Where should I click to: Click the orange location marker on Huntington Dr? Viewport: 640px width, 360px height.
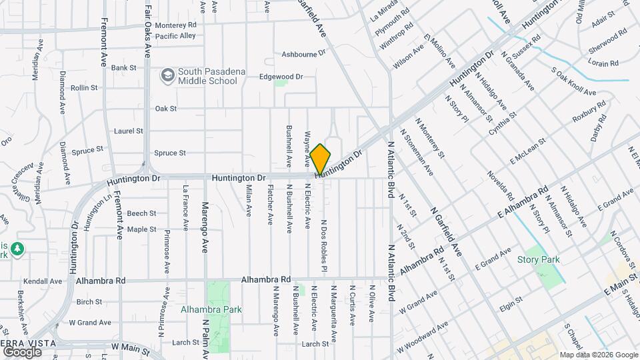pyautogui.click(x=320, y=159)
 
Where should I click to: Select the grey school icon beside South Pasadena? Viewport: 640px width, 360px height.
pyautogui.click(x=167, y=75)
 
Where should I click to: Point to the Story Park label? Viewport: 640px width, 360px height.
pyautogui.click(x=539, y=259)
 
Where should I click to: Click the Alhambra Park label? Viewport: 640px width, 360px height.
pyautogui.click(x=211, y=309)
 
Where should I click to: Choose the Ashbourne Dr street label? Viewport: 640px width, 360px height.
pyautogui.click(x=303, y=53)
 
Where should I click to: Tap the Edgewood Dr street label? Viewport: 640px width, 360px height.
pyautogui.click(x=281, y=77)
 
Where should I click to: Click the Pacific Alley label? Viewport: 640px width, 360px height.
pyautogui.click(x=175, y=35)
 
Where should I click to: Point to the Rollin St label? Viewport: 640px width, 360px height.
pyautogui.click(x=84, y=87)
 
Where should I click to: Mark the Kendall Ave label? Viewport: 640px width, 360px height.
pyautogui.click(x=42, y=281)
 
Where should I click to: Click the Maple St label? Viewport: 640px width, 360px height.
pyautogui.click(x=141, y=229)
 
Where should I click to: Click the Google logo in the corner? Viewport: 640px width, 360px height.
pyautogui.click(x=22, y=351)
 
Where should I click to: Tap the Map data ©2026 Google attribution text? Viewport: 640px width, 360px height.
pyautogui.click(x=598, y=355)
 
